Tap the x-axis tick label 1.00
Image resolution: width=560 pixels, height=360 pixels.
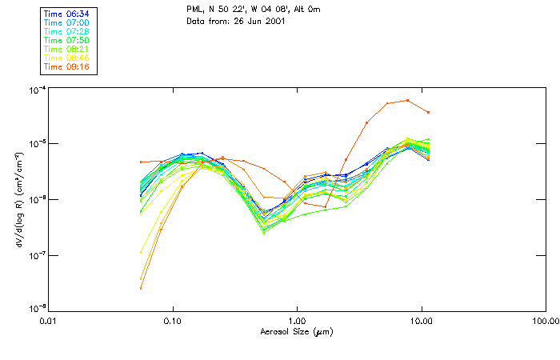point(297,322)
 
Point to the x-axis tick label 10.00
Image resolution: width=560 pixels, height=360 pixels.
point(421,322)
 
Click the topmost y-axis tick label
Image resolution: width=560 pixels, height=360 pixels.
point(34,89)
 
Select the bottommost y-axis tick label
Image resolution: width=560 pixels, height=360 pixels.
point(34,310)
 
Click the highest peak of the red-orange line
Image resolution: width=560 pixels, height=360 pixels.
point(407,100)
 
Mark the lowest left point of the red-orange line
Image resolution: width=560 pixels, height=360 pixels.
point(141,288)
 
